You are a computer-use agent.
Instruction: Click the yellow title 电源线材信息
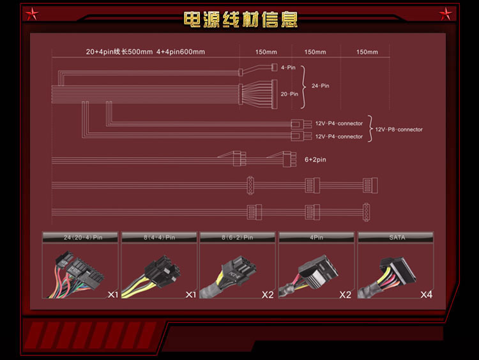click(x=240, y=19)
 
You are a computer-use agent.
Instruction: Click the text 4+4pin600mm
click(x=181, y=52)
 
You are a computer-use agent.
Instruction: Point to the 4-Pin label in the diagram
click(x=287, y=67)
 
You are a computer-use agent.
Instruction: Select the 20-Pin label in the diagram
click(x=289, y=94)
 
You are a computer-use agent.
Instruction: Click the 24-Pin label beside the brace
click(x=320, y=86)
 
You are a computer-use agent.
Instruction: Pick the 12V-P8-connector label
click(x=399, y=130)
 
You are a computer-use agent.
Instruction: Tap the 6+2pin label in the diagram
click(x=315, y=160)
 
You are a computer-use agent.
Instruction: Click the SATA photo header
click(x=397, y=237)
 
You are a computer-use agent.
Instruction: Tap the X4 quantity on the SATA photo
click(x=426, y=295)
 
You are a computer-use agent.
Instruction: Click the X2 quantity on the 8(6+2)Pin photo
click(x=268, y=295)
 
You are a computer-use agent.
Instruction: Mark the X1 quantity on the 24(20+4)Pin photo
click(x=112, y=295)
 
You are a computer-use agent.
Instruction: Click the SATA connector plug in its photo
click(x=397, y=271)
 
